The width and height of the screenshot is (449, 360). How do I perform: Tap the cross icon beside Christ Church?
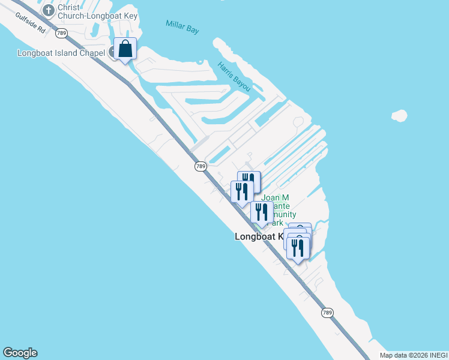click(x=47, y=10)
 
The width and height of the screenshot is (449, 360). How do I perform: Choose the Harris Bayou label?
click(x=234, y=76)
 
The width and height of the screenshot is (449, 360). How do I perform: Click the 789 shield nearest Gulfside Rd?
click(x=61, y=32)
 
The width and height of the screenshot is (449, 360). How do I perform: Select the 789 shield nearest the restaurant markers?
click(x=200, y=166)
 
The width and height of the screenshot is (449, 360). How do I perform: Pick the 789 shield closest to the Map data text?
click(x=327, y=313)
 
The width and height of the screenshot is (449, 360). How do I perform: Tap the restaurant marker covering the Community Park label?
click(x=262, y=212)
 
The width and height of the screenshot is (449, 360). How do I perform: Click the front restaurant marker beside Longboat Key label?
click(x=298, y=247)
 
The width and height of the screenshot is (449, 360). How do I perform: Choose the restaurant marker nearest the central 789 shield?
click(x=241, y=191)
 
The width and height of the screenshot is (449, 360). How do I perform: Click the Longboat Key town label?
click(x=260, y=237)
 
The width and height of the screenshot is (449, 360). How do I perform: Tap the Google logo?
click(x=20, y=353)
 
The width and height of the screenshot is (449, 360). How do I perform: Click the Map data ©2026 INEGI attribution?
click(x=414, y=355)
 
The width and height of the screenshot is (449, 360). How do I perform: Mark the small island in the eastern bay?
click(x=399, y=115)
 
